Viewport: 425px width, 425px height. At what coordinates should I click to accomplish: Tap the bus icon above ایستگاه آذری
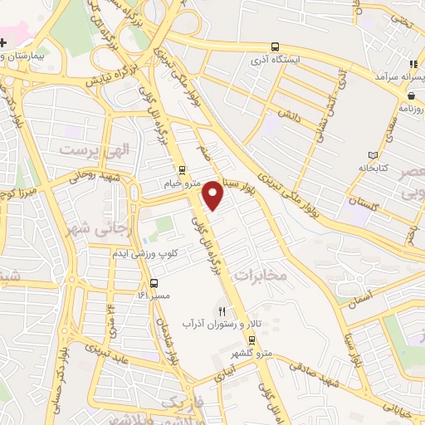click(275, 48)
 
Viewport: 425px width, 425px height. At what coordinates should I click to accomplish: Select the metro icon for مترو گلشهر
click(250, 341)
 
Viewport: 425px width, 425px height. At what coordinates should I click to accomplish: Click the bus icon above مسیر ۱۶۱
click(143, 283)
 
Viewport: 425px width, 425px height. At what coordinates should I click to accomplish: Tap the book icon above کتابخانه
click(371, 154)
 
